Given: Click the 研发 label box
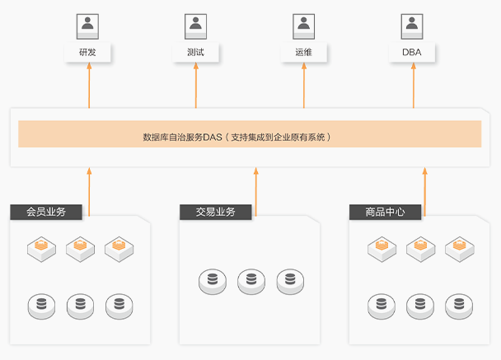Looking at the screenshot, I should click(87, 53).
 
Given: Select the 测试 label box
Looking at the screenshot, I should click(196, 53).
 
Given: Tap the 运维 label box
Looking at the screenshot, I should click(304, 53).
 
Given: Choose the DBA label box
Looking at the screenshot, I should click(412, 53).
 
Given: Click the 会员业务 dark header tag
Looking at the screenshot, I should click(46, 212).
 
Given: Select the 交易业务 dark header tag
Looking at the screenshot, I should click(216, 212).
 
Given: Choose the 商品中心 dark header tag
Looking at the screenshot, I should click(385, 212).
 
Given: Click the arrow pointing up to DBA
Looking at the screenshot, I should click(413, 86).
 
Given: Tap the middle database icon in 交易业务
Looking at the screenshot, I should click(252, 282).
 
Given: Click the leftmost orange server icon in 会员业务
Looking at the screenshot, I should click(41, 247).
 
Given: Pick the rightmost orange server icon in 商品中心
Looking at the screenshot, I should click(459, 247).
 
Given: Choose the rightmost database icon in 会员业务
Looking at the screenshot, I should click(119, 306).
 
